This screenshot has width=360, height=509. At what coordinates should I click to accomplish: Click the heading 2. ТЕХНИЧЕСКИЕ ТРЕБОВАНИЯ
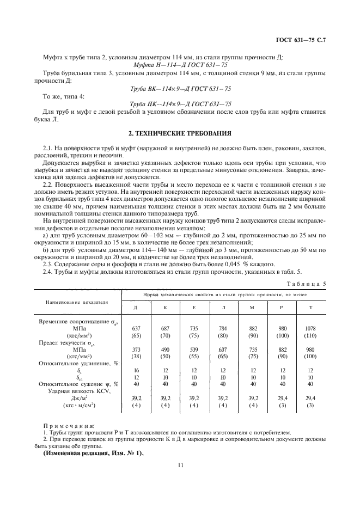pos(180,132)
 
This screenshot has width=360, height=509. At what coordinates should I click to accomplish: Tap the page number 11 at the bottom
pos(180,465)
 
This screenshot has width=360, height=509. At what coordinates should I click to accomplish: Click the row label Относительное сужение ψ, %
pos(78,384)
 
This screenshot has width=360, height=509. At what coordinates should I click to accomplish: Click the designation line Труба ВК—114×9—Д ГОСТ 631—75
pos(180,89)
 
